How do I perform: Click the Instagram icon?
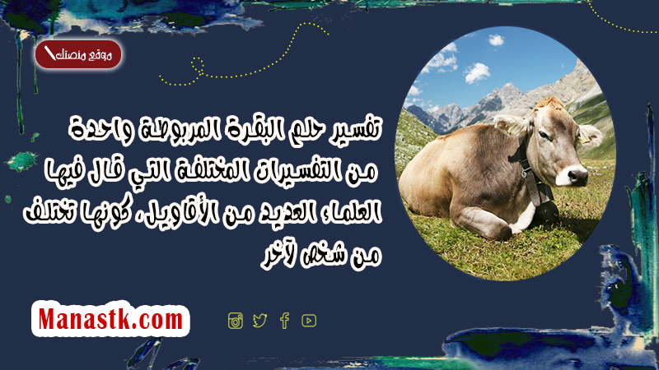coord(236,321)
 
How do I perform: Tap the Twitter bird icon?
coord(259,321)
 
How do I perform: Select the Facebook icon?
coord(284,321)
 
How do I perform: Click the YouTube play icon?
coord(309,321)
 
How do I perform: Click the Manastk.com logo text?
coord(110,319)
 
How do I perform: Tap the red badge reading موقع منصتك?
coord(78,54)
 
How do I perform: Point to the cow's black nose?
coord(577,175)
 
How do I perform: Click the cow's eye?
coord(544,136)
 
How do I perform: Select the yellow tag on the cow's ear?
coord(585,140)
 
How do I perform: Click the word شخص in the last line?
coord(320,254)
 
